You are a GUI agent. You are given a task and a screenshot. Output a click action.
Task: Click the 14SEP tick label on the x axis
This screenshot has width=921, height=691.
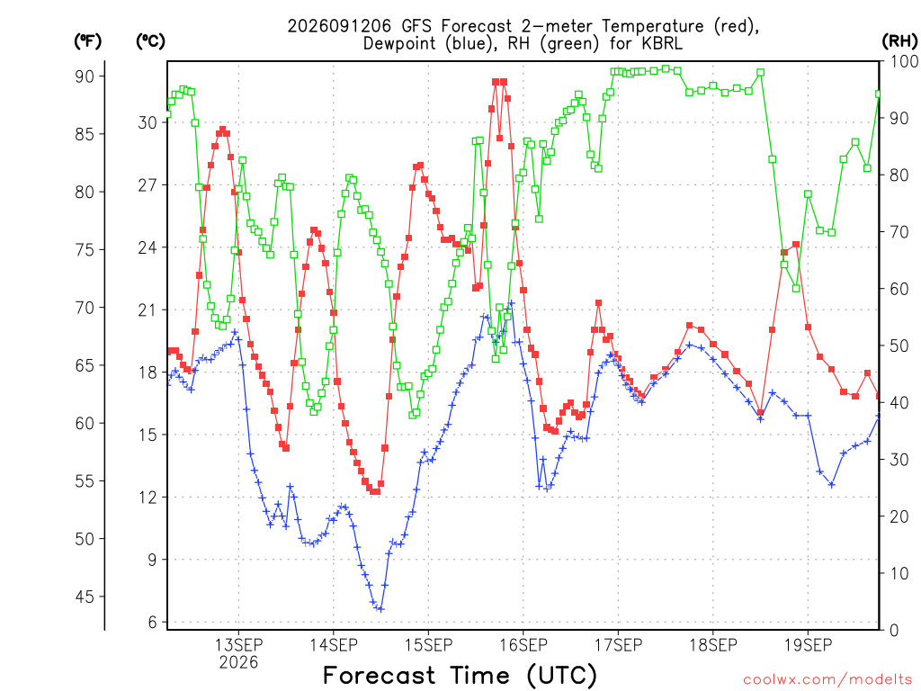334,645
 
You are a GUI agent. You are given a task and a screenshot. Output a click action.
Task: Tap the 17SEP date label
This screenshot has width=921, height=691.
618,645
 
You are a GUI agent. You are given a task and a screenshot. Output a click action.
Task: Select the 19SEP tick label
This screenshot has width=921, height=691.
808,645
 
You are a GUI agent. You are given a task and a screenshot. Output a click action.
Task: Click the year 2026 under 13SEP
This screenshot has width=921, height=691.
238,663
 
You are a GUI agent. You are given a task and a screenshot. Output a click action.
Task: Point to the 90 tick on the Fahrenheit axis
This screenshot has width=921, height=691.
85,76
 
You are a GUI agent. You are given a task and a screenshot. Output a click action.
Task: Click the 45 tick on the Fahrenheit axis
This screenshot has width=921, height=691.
85,597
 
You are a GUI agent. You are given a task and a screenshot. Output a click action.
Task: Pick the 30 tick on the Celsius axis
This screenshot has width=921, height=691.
148,122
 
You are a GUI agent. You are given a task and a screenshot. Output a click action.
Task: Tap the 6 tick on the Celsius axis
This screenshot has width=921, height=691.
153,623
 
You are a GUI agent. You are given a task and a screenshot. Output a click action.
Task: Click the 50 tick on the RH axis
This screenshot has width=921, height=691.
899,345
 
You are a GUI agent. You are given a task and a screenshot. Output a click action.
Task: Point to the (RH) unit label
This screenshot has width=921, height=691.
899,41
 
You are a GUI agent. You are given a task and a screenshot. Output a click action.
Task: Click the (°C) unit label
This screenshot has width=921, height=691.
150,41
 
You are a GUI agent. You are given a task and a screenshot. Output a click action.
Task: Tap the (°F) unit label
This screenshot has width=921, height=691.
87,41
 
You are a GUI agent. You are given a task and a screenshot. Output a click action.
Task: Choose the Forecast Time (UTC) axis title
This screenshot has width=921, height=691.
460,676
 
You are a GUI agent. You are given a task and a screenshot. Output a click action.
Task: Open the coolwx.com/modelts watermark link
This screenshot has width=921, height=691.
827,680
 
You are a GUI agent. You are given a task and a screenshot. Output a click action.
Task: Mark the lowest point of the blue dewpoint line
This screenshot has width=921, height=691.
380,609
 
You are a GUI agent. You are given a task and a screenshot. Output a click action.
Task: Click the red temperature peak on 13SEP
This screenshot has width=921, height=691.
223,130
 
